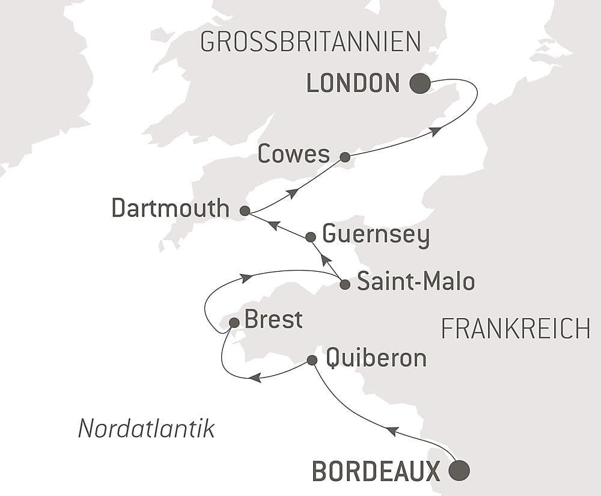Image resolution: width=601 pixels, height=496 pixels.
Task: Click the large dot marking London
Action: [x=420, y=84]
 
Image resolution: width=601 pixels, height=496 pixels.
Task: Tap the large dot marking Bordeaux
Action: [x=460, y=470]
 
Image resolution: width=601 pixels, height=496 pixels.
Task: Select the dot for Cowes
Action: [x=345, y=157]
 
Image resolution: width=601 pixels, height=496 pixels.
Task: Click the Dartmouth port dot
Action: [x=245, y=211]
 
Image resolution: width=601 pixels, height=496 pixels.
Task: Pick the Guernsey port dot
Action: [x=311, y=237]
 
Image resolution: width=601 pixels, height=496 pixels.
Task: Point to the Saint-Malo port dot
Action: [x=344, y=284]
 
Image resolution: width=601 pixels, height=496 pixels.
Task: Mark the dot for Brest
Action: [x=234, y=323]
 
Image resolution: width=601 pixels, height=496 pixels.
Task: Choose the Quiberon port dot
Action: [x=312, y=360]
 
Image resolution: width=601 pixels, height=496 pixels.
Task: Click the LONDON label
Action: [x=353, y=84]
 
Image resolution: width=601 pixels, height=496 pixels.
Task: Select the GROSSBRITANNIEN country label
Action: [x=310, y=42]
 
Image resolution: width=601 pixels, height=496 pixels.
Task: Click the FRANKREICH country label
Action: [x=516, y=329]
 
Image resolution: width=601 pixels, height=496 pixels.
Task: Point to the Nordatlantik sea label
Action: [x=147, y=429]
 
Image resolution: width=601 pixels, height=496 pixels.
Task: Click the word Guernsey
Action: [x=376, y=235]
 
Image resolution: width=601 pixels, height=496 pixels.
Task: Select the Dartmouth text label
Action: [x=171, y=209]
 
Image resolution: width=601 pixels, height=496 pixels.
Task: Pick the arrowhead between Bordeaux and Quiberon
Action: [x=392, y=430]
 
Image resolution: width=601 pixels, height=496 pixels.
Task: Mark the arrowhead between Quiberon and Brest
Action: [x=255, y=378]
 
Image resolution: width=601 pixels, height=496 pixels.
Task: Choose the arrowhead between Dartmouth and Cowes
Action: [x=292, y=193]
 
